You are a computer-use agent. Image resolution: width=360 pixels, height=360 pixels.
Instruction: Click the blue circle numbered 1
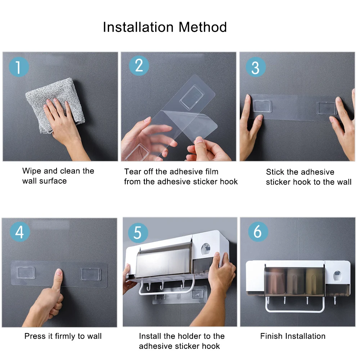19,67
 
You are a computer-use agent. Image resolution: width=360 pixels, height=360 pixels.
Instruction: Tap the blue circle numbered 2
139,66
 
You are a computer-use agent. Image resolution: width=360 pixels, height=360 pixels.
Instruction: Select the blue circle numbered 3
256,67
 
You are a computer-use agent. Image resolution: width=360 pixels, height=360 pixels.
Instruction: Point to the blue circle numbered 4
20,231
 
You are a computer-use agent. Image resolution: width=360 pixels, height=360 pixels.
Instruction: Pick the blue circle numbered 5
138,233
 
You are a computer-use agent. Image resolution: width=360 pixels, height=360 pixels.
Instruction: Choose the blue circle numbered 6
258,231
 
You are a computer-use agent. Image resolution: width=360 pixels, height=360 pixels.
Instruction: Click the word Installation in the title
138,27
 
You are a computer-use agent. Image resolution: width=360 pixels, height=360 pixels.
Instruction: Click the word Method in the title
203,27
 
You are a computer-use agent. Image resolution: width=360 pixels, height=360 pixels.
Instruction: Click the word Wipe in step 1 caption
32,171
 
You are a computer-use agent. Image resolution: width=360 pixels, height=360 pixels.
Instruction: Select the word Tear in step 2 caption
132,171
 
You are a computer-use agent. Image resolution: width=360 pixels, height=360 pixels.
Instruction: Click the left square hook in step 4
26,273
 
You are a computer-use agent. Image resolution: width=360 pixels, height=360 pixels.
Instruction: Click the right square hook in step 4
91,274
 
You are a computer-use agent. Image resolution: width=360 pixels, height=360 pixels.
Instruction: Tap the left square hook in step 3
262,106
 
